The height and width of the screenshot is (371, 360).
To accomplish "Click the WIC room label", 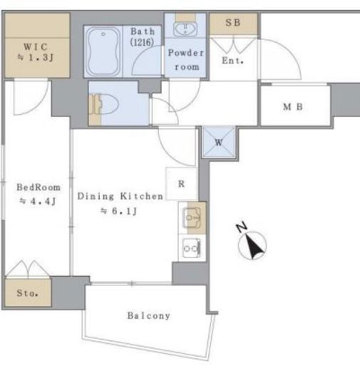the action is [36, 46].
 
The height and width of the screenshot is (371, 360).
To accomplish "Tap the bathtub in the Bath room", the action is [103, 51].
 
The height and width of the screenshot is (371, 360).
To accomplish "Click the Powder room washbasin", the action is [185, 29].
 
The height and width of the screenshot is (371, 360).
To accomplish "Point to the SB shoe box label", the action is [233, 23].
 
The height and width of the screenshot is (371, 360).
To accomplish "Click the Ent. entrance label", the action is [233, 61].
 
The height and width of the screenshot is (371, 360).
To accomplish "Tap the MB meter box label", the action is [293, 107].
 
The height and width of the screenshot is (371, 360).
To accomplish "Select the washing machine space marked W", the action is [219, 142].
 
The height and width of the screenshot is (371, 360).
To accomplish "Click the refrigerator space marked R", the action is [182, 183].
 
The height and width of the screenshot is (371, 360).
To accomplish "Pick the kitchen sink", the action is [191, 218].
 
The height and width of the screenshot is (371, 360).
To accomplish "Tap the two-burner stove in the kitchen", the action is [191, 248].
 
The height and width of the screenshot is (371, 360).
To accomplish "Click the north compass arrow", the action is [254, 246].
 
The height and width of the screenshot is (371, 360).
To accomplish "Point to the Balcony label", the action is [149, 315].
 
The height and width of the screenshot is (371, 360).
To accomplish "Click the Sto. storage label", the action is [27, 293].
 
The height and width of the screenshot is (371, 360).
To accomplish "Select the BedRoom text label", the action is [38, 188].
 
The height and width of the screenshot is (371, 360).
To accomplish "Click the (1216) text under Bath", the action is [142, 42].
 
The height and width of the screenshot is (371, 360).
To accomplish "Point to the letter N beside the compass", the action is [242, 227].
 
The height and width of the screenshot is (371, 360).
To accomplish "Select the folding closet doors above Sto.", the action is [28, 269].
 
